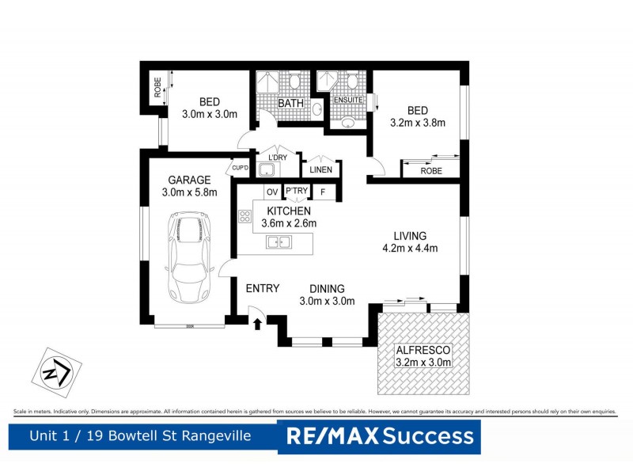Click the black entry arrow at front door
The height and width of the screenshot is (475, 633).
pyautogui.click(x=257, y=322)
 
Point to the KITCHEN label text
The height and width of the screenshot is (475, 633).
pyautogui.click(x=289, y=211)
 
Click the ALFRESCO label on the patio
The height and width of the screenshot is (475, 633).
pyautogui.click(x=424, y=350)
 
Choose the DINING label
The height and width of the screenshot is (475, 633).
pyautogui.click(x=326, y=288)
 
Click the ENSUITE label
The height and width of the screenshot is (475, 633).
pyautogui.click(x=347, y=101)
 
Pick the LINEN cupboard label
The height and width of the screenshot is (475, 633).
pyautogui.click(x=320, y=170)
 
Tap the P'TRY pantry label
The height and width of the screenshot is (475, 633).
pyautogui.click(x=297, y=192)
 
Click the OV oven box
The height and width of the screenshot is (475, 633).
pyautogui.click(x=271, y=192)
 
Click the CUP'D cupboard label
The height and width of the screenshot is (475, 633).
pyautogui.click(x=239, y=169)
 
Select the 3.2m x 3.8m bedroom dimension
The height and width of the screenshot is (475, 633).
pyautogui.click(x=418, y=123)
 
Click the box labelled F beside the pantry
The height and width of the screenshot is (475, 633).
pyautogui.click(x=323, y=192)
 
